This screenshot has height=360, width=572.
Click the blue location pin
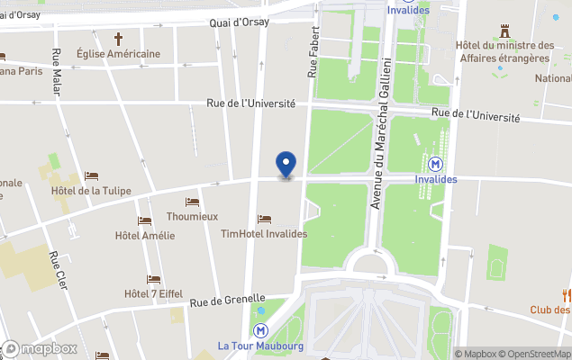[x=286, y=165]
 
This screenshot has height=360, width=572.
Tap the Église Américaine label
[x=118, y=54]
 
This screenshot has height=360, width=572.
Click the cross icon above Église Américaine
[x=118, y=39]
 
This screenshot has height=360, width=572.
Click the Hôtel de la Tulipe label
[x=92, y=190]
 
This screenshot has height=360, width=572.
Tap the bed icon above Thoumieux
[x=192, y=202]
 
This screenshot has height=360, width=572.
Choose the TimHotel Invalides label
[x=264, y=234]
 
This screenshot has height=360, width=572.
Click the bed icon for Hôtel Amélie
[x=145, y=221]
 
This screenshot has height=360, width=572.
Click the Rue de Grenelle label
[x=227, y=299]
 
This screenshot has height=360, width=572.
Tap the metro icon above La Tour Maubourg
[x=261, y=330]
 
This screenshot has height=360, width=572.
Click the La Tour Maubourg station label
[x=260, y=346]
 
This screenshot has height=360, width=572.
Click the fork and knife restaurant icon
[x=567, y=294]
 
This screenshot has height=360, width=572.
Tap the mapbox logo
[x=40, y=349]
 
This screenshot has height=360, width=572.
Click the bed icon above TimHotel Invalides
[x=264, y=219]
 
